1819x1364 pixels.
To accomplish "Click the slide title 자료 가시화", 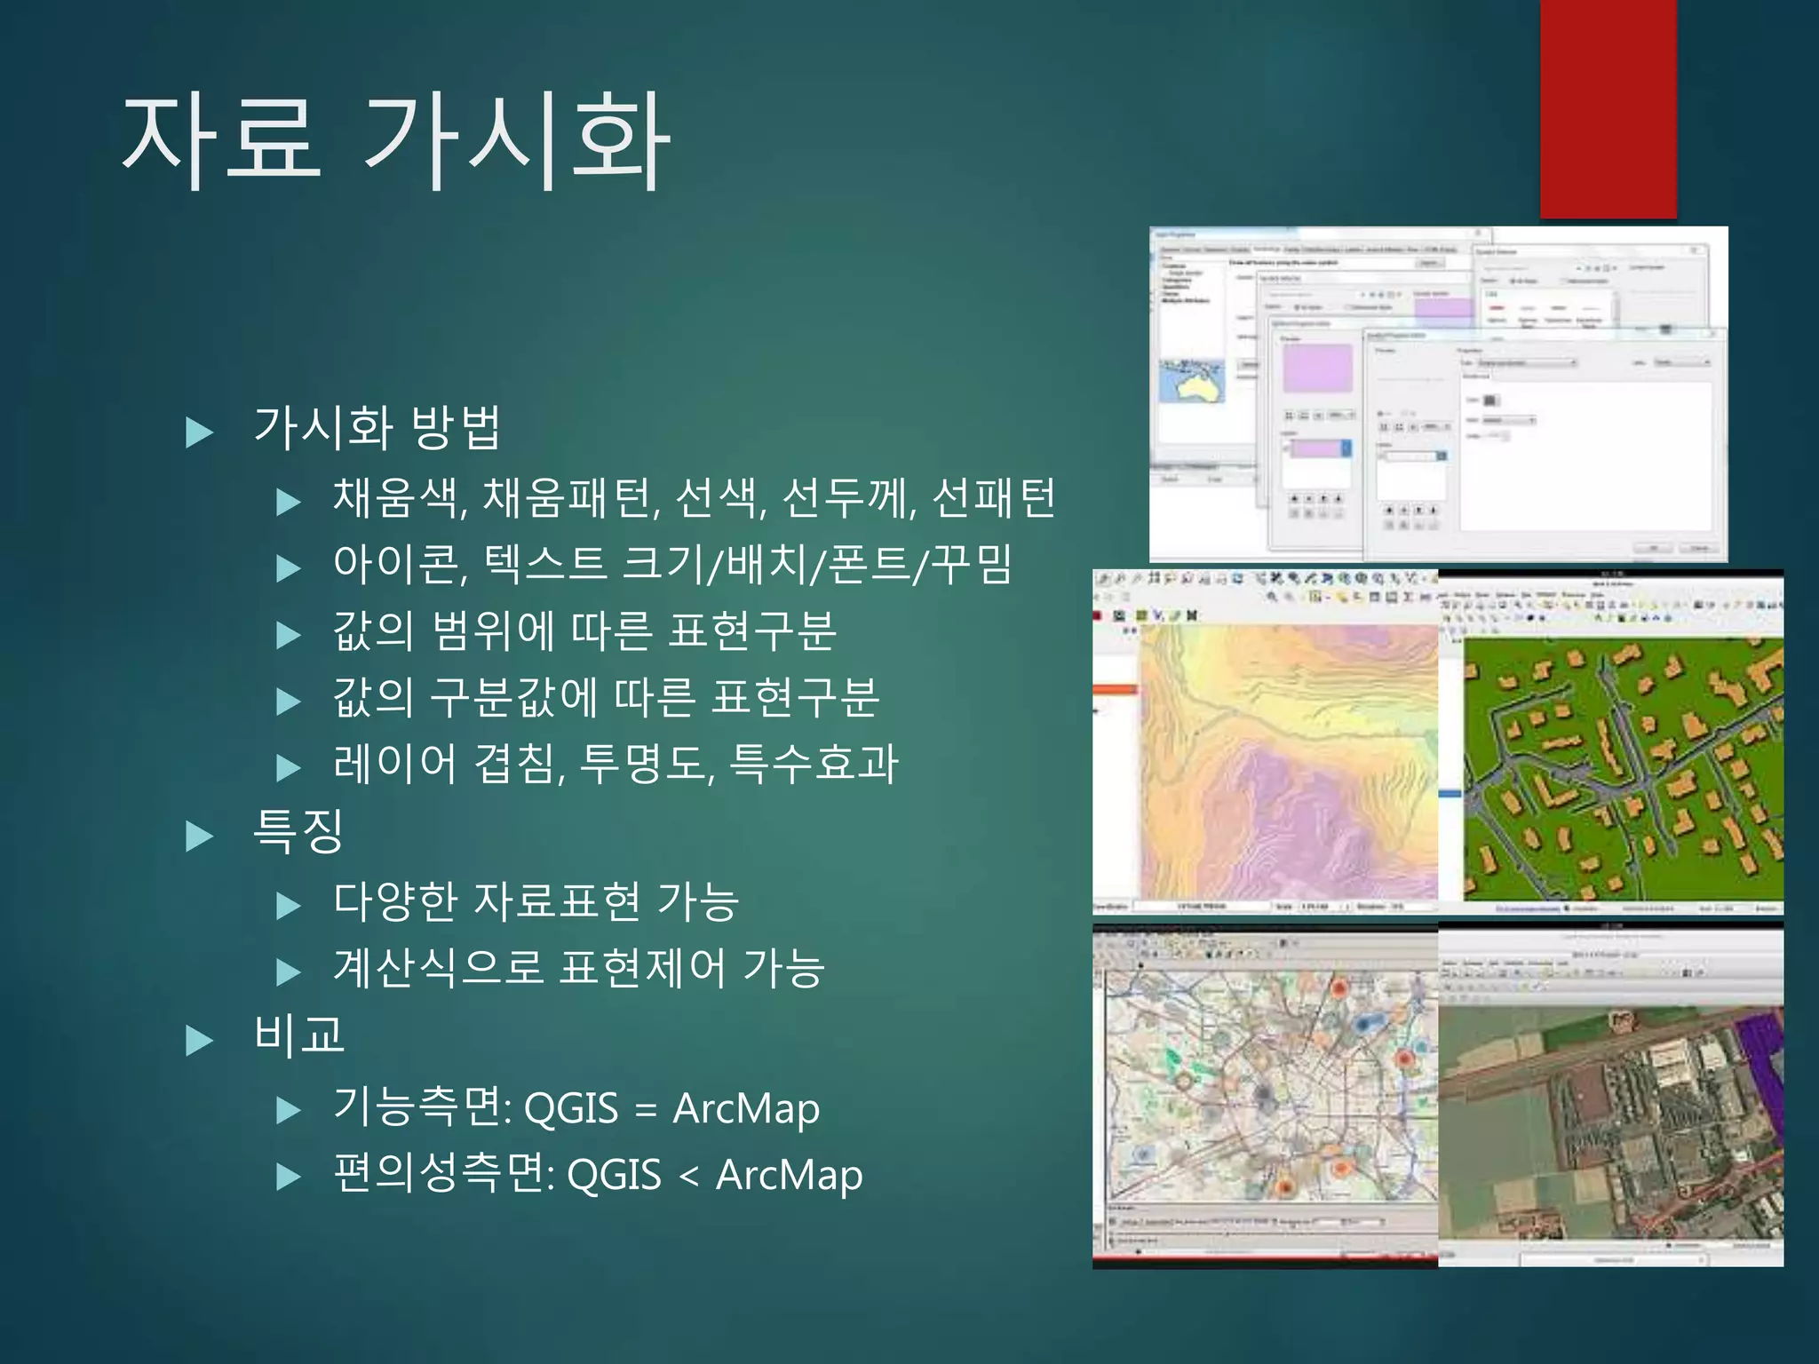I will coord(395,142).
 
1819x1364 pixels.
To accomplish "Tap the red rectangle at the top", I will coord(1608,107).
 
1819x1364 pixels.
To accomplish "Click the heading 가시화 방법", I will coord(377,427).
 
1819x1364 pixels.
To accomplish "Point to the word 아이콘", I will coord(396,565).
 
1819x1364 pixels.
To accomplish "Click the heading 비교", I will coord(298,1035).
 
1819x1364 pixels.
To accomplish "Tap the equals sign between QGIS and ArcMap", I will coord(646,1110).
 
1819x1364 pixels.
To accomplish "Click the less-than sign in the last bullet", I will coord(688,1177).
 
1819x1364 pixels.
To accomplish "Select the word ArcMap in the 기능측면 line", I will coord(746,1110).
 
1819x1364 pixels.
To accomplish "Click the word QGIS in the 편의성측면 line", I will coord(614,1177).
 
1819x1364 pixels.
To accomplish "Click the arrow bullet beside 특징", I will coord(200,836).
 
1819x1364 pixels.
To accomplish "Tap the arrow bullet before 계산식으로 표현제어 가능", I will coord(289,972).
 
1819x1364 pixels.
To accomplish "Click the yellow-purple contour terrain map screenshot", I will coord(1288,764).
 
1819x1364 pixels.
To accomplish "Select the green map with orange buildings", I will coord(1622,768).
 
